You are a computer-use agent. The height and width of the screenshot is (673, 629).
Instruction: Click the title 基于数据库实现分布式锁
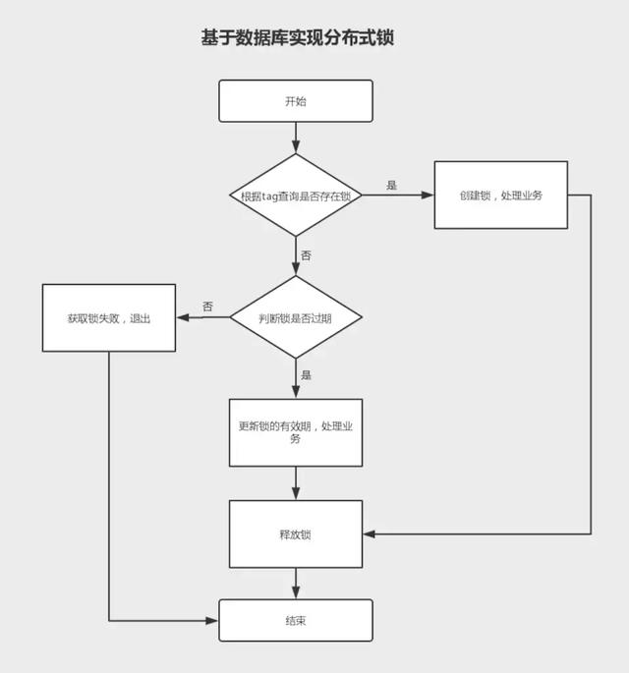298,37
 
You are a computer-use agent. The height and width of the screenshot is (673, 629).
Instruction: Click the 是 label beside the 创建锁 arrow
391,185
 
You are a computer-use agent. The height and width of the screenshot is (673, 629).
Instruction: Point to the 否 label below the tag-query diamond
306,255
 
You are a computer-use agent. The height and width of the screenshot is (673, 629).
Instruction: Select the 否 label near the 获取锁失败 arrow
207,307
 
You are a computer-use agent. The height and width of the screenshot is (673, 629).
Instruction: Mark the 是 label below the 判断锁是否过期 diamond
306,375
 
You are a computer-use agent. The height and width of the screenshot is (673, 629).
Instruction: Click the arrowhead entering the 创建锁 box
428,196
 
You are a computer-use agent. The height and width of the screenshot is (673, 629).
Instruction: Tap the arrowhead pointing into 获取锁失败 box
183,317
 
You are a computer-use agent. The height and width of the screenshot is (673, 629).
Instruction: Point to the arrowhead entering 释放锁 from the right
370,533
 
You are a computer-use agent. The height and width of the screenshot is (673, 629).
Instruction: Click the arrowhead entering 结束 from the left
212,621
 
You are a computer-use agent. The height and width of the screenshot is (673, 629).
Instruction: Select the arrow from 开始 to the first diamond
296,138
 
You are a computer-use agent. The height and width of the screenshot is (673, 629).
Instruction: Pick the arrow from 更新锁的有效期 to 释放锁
296,483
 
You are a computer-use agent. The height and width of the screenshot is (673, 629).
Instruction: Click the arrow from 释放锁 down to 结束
296,584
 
